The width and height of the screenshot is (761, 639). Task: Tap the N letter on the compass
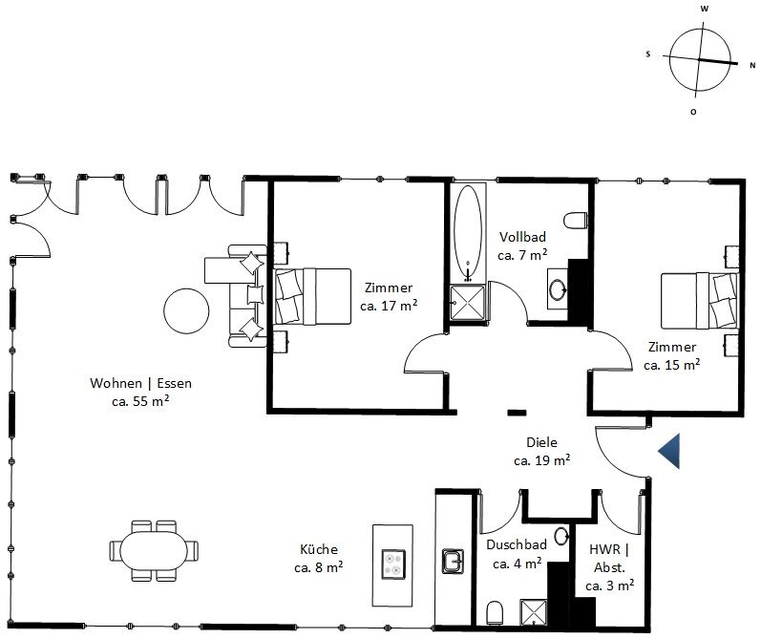[752, 65]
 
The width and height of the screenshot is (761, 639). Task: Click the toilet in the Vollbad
[576, 221]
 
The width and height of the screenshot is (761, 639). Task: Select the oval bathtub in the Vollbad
[468, 233]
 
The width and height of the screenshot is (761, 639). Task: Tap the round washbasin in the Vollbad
[558, 289]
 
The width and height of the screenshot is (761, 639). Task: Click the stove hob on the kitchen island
[393, 564]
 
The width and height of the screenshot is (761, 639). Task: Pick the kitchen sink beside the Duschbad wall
[453, 562]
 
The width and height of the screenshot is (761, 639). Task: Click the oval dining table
[154, 551]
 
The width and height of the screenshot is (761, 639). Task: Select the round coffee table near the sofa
[186, 310]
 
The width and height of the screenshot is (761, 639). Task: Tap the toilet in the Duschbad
[495, 613]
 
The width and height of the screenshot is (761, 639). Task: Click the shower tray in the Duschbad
[534, 612]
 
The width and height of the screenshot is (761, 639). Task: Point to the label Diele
[541, 442]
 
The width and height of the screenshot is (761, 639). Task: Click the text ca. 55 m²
[140, 401]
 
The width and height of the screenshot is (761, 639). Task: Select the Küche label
[318, 549]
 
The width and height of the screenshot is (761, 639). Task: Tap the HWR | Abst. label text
[609, 559]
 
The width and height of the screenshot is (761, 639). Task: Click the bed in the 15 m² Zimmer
[699, 301]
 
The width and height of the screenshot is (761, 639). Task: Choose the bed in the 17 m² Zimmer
[312, 296]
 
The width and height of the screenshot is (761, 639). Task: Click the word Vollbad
[522, 237]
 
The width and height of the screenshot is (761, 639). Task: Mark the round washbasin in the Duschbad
[562, 536]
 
